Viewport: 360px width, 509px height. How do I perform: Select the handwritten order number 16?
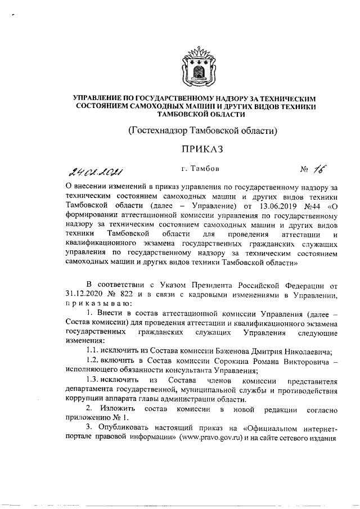tap(321, 169)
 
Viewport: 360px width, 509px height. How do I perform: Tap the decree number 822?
tap(129, 296)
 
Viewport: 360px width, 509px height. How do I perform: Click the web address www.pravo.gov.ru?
tap(211, 438)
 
